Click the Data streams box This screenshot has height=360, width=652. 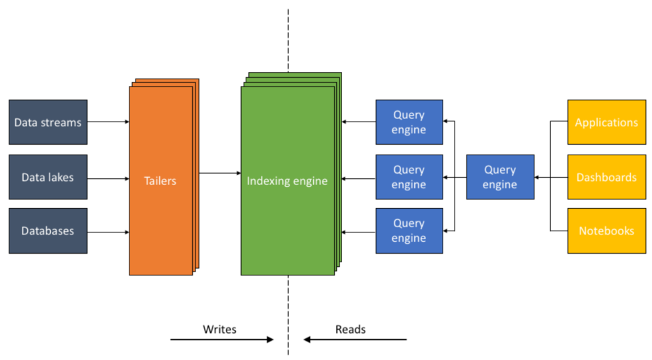coord(48,122)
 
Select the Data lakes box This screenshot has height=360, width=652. coord(48,177)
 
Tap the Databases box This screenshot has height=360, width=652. coord(48,231)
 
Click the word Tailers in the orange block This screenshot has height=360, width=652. coord(160,180)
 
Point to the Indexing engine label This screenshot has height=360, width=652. coord(287,180)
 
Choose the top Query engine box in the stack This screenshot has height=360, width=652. coord(409,122)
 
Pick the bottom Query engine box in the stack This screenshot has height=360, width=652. coord(409,231)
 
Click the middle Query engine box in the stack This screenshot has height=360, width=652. coord(409,177)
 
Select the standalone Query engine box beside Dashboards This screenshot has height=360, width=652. coord(500,177)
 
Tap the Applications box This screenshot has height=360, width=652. coord(606,122)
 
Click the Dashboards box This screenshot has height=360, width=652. coord(606,177)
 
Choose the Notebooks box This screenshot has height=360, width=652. coord(606,231)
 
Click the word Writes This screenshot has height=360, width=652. coord(219,329)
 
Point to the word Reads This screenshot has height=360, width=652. coord(350,329)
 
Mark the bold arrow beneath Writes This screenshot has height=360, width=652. coord(221,340)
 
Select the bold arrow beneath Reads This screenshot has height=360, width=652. coord(355,340)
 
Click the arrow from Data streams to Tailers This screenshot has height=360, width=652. coord(108,122)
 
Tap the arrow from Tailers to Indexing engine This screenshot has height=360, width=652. coord(219,173)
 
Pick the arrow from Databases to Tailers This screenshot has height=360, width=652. coord(108,232)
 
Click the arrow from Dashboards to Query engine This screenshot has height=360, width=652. coord(550,177)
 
